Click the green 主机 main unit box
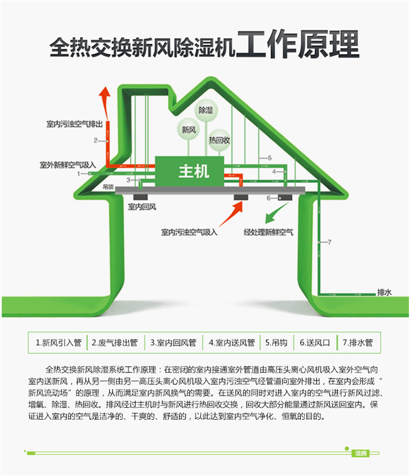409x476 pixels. tap(190, 171)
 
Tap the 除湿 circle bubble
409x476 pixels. tap(206, 111)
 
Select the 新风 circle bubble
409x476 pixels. tap(188, 129)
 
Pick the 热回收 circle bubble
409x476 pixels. tap(219, 140)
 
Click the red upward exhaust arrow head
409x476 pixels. tap(103, 94)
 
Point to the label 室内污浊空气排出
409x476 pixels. tap(72, 125)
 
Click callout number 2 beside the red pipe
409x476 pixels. tap(95, 140)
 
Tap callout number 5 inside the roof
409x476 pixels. tap(269, 157)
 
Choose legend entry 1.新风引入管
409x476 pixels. tap(58, 343)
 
